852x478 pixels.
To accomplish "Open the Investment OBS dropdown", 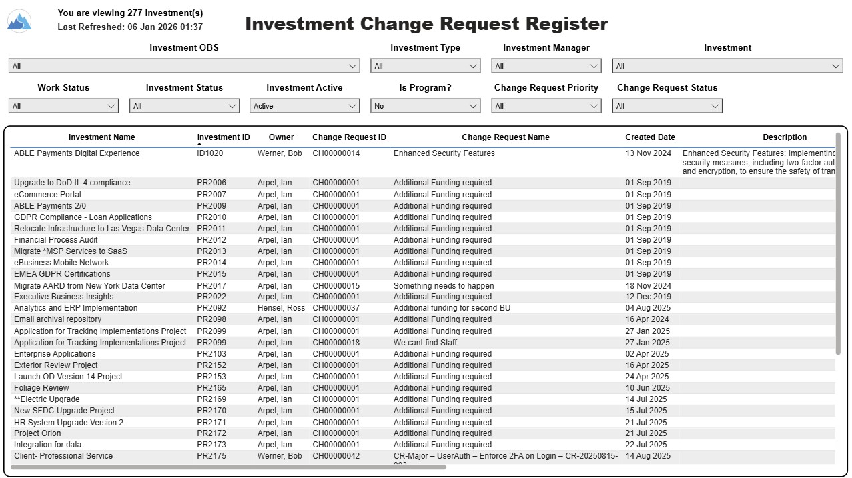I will tap(184, 66).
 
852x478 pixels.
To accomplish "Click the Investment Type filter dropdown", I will tap(425, 66).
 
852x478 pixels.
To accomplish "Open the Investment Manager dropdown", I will tap(546, 66).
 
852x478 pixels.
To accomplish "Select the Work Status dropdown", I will tap(63, 106).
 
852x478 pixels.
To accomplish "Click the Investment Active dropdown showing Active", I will tap(304, 106).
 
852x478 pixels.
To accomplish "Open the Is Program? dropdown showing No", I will tap(425, 106).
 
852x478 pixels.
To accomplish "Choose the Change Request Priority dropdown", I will tap(546, 106).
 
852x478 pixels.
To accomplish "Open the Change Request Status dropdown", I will tap(667, 106).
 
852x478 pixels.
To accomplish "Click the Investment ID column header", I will tap(223, 137).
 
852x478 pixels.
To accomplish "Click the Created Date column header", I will tap(650, 137).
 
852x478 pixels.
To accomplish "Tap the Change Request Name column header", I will tap(506, 137).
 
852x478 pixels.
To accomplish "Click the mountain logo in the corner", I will tap(19, 21).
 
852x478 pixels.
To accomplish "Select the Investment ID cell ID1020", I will tap(210, 153).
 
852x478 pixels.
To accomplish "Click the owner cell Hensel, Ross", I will tap(281, 308).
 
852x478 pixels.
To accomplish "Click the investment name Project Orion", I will tap(37, 433).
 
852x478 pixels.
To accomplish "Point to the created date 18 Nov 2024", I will tap(648, 286).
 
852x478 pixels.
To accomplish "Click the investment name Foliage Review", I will tap(41, 388).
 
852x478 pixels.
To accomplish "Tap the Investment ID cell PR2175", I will tap(211, 456).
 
